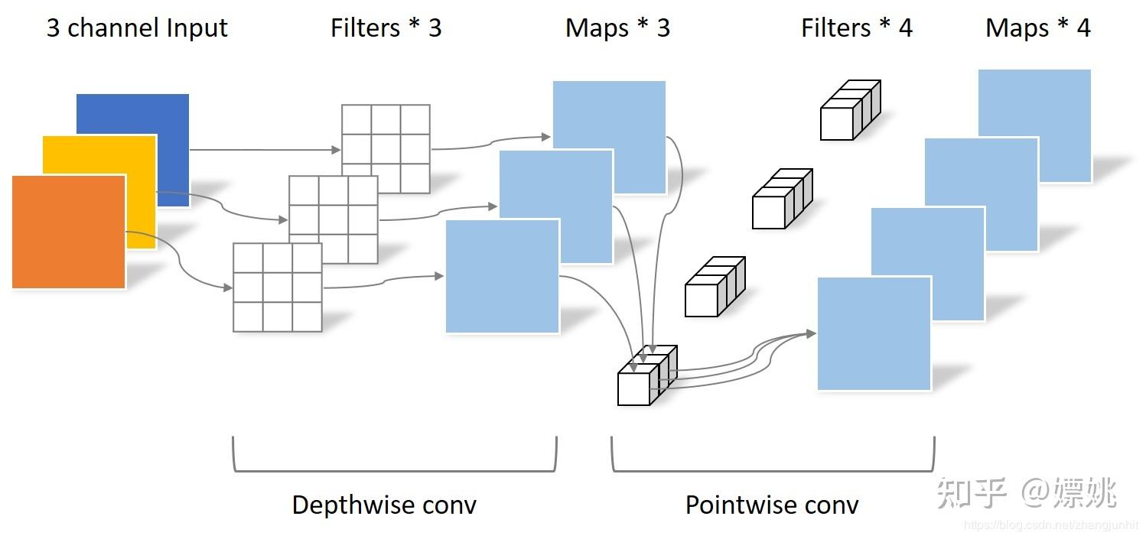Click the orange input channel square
coord(69,232)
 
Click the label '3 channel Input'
coord(137,28)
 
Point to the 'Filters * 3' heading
coord(386,28)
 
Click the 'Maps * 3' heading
coord(617,28)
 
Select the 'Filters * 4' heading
coord(856,28)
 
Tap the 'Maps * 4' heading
coord(1037,28)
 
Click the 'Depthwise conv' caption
coord(384,505)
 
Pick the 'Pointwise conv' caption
coord(772,505)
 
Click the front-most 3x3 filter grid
coord(277,287)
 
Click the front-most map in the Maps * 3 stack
coord(502,276)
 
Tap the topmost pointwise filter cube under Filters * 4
coord(849,111)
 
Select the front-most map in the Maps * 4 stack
coord(874,333)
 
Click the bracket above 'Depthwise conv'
coord(394,469)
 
